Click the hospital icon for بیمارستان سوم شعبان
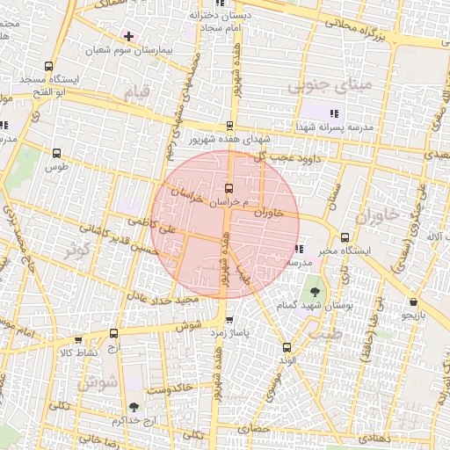[x=129, y=36]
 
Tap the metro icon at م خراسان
[x=229, y=187]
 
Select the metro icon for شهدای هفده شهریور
[x=230, y=126]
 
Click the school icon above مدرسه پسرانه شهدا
[x=333, y=112]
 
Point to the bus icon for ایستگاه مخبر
[x=344, y=236]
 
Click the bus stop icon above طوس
[x=57, y=153]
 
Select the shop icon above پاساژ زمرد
[x=229, y=320]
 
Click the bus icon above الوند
[x=287, y=346]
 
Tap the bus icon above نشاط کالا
[x=113, y=333]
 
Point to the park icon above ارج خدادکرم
[x=133, y=406]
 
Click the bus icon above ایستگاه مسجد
[x=48, y=66]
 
